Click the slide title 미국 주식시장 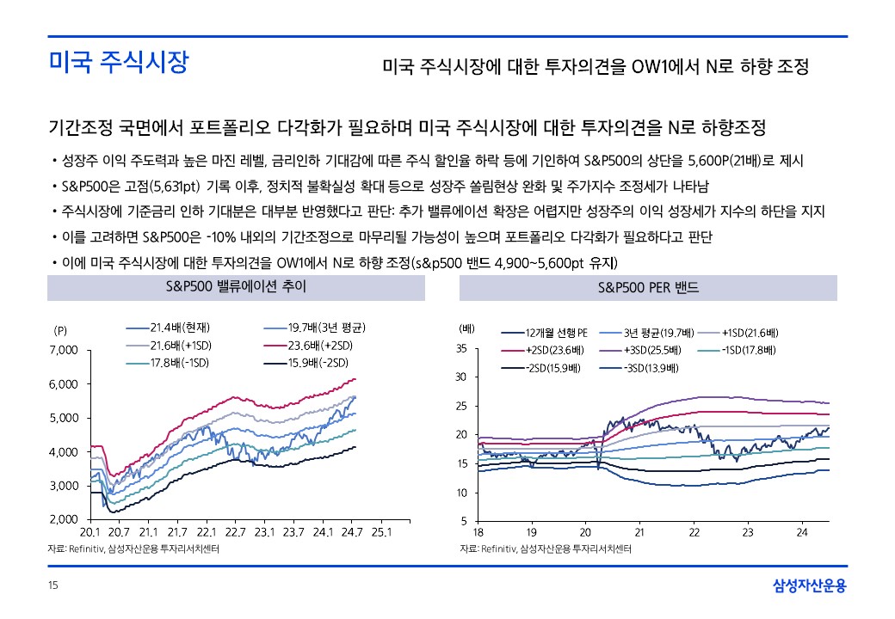click(x=118, y=63)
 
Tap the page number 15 click(x=52, y=586)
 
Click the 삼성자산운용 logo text click(x=809, y=586)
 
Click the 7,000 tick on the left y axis click(x=65, y=350)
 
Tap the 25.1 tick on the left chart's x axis click(x=380, y=533)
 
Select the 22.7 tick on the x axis click(x=234, y=533)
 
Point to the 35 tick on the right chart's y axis click(x=461, y=349)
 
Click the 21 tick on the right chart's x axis click(x=639, y=533)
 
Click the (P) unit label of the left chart click(x=61, y=330)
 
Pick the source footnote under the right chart click(x=545, y=549)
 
